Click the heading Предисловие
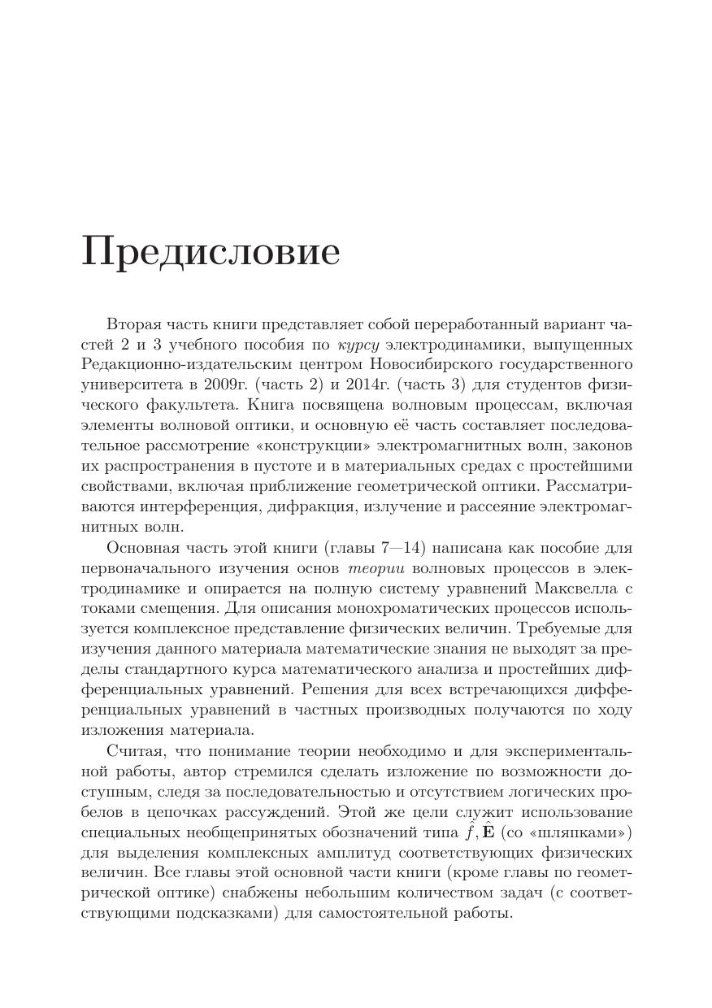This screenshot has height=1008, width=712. [x=211, y=252]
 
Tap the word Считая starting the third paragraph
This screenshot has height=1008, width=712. [x=134, y=751]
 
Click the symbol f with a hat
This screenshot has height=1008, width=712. [x=469, y=832]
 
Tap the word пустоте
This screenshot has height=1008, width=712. [x=260, y=467]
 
